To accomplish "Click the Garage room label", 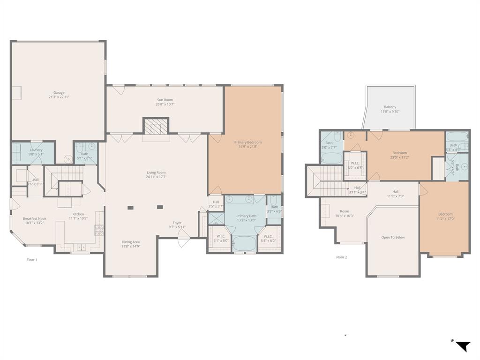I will point(59,93).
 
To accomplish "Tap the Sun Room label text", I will point(165,100).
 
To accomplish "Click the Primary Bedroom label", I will point(248,142).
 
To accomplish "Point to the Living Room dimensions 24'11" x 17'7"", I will point(156,177).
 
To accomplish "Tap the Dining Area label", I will point(131,242).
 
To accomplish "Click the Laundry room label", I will point(36,150).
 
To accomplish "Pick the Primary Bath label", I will point(246,216).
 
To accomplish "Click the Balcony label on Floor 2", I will point(390,107).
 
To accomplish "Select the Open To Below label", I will point(393,237).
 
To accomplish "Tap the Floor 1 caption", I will point(31,259).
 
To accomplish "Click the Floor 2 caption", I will point(342,257).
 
